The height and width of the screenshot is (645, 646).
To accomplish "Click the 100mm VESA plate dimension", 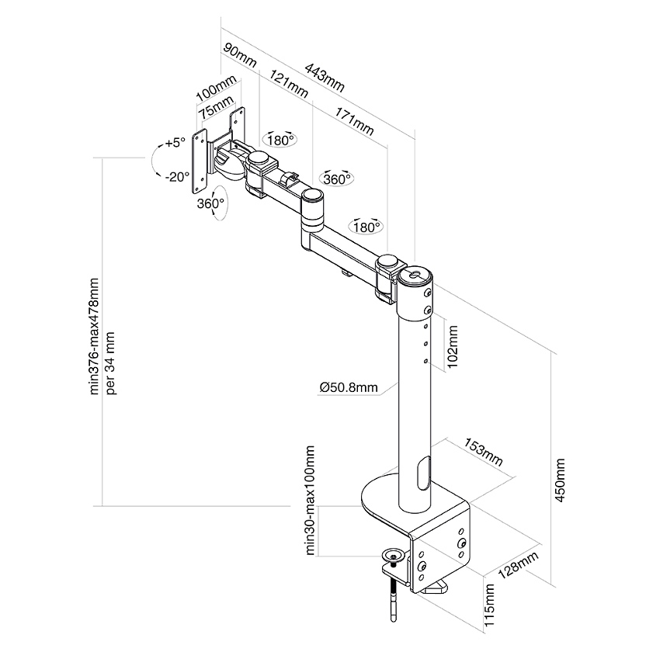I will tap(215, 90).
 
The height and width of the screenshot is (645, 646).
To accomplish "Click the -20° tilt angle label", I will tap(177, 176).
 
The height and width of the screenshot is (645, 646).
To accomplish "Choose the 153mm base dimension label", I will tap(483, 452).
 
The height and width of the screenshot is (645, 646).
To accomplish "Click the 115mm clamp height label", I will tap(488, 605).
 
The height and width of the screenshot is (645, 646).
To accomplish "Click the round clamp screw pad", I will tap(394, 556).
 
